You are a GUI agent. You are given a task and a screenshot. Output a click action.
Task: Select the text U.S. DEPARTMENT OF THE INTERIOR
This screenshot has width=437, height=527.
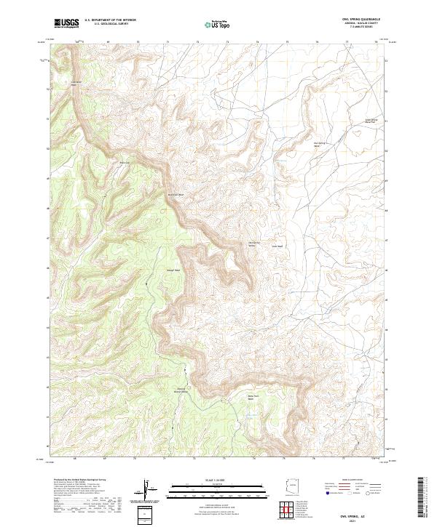coord(110,20)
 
